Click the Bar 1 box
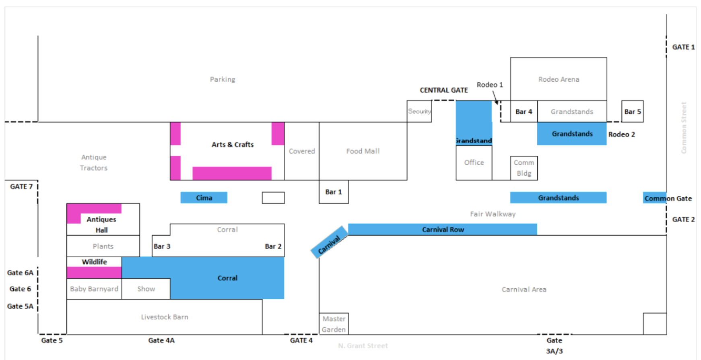pos(334,192)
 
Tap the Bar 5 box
pos(632,112)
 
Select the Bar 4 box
pos(524,112)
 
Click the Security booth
pos(419,111)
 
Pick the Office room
pos(474,163)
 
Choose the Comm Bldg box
pos(524,168)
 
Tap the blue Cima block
pos(204,198)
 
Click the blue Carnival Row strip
pos(442,230)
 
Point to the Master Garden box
pos(334,324)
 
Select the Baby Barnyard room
pos(94,289)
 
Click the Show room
pos(146,289)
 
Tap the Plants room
pos(103,246)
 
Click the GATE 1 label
pos(683,47)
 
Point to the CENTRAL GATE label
pos(443,90)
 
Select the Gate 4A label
pos(161,340)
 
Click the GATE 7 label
pos(21,186)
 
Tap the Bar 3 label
pos(162,246)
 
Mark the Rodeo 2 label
pos(621,134)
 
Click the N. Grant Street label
pos(363,346)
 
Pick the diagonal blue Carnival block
pos(329,242)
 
